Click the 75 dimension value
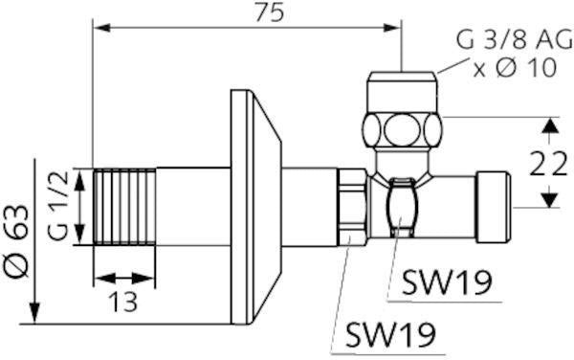[x=270, y=13]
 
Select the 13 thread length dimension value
[x=123, y=302]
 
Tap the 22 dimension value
[x=548, y=164]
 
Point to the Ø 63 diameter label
[x=16, y=241]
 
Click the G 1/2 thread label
[x=57, y=206]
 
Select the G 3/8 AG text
[x=515, y=40]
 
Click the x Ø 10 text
[x=515, y=68]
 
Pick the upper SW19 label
[x=447, y=282]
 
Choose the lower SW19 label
[x=390, y=335]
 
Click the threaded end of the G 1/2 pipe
[x=124, y=207]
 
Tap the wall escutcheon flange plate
[x=255, y=207]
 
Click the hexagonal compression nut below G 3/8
[x=403, y=129]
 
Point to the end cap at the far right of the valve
[x=494, y=207]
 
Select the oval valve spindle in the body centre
[x=402, y=208]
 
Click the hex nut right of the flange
[x=352, y=207]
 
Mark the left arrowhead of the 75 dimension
[x=102, y=28]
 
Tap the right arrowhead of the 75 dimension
[x=392, y=28]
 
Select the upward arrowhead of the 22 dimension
[x=549, y=126]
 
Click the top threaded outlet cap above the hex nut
[x=403, y=92]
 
